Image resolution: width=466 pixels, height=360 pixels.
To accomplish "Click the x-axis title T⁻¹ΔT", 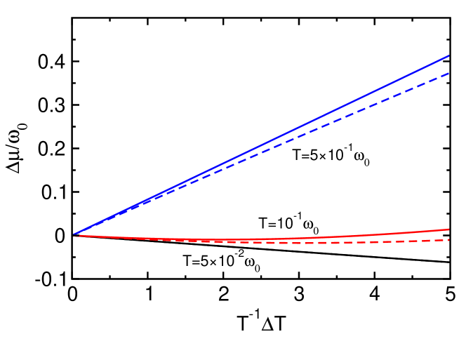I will coord(260,325).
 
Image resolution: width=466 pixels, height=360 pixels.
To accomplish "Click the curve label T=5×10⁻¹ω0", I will coord(330,158).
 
